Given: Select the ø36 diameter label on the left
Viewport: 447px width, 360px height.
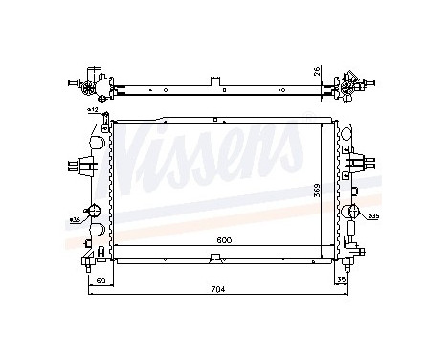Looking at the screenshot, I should coord(75,220).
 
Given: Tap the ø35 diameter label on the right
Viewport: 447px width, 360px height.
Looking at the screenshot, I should coord(373,216).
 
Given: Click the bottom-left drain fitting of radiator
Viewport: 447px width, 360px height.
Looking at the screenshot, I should coord(91,256).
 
